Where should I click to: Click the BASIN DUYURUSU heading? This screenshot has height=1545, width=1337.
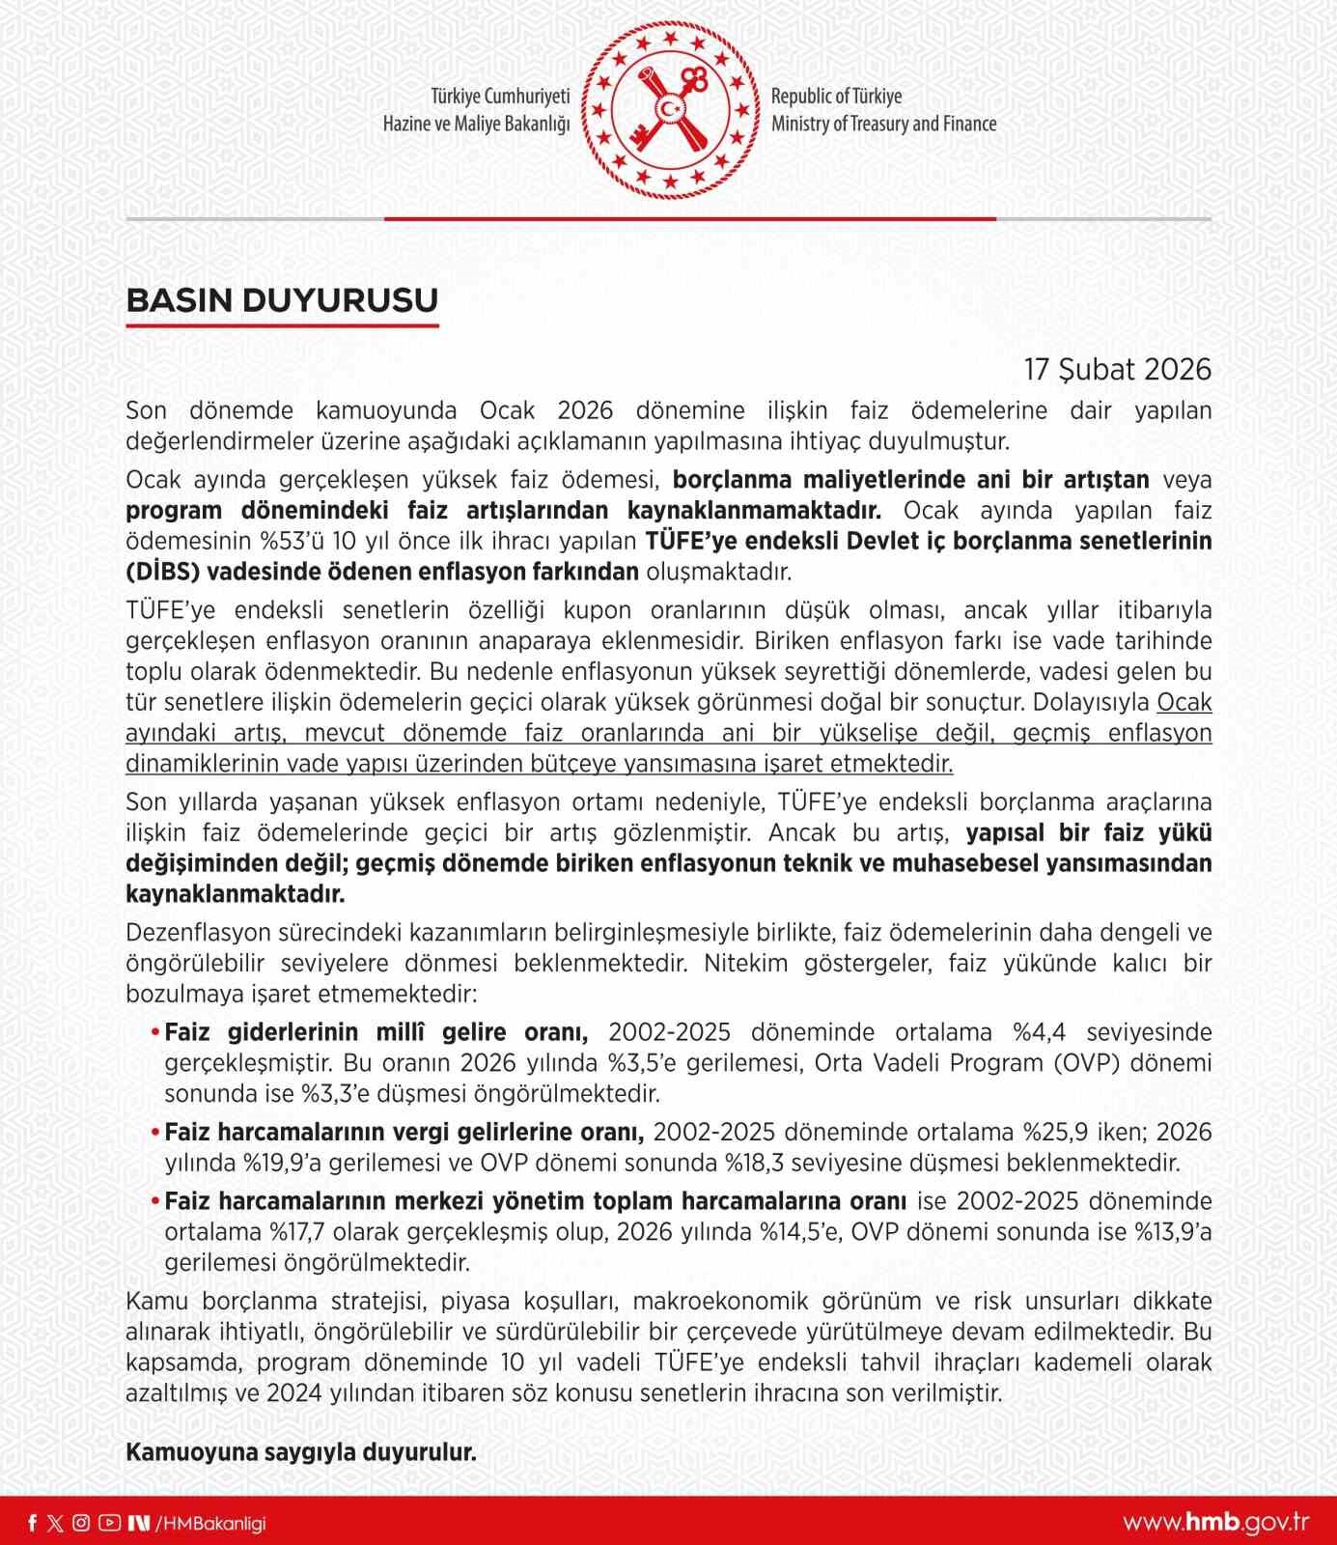tap(282, 300)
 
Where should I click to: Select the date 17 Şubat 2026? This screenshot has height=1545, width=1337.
tap(1117, 370)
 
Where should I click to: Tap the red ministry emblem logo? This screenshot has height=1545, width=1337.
tap(670, 109)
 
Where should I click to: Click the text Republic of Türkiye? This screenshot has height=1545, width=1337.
tap(836, 97)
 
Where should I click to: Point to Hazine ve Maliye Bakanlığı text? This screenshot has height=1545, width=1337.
tap(476, 125)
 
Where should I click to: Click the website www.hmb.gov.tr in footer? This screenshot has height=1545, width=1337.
tap(1215, 1523)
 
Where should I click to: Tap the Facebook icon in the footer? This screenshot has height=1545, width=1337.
tap(33, 1523)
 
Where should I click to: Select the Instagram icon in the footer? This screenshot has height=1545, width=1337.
tap(82, 1523)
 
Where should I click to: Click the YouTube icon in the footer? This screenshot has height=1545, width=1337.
tap(109, 1523)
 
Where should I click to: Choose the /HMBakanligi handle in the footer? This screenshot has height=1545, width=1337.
tap(209, 1523)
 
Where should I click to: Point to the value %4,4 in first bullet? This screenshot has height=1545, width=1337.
tap(1039, 1032)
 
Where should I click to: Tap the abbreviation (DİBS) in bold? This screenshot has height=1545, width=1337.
tap(162, 572)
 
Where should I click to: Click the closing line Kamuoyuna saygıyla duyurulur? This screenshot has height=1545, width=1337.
tap(301, 1452)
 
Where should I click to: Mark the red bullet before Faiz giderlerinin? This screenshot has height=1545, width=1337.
tap(154, 1033)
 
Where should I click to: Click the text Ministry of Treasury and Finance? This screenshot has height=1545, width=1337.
tap(883, 125)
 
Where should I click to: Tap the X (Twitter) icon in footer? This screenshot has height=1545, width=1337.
tap(56, 1523)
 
